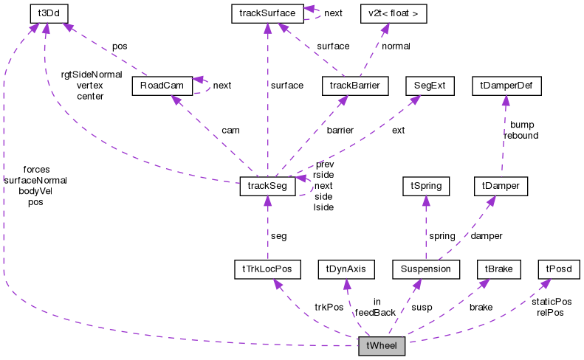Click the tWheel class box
click(382, 346)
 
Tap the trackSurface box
click(264, 13)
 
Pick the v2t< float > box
click(382, 13)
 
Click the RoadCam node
click(162, 86)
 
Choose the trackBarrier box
click(355, 86)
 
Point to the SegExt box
click(429, 86)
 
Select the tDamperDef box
click(506, 86)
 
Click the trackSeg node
click(267, 186)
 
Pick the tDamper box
click(498, 186)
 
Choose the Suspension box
click(426, 269)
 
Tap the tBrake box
click(499, 269)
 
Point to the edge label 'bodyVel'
click(35, 191)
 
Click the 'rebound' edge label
click(521, 136)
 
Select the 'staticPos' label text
click(552, 302)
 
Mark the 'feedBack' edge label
click(375, 313)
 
